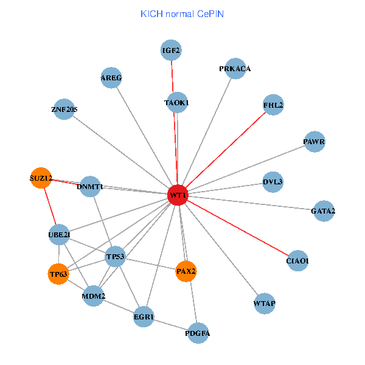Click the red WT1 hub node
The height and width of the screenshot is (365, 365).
[177, 195]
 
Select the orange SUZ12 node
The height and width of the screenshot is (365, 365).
[41, 178]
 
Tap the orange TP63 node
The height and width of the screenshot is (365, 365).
[58, 274]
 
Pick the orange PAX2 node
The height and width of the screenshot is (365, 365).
[186, 271]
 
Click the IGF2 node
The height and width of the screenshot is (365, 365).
[172, 50]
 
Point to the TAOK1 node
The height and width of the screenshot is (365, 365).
[176, 103]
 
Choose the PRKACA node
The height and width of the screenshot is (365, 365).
[235, 69]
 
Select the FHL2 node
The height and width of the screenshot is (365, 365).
[273, 105]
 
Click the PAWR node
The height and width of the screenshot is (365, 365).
[315, 142]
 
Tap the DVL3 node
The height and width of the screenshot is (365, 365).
[273, 182]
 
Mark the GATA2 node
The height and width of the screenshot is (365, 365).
[323, 211]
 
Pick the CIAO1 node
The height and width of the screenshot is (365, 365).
[297, 261]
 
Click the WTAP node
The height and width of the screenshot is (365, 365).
[265, 303]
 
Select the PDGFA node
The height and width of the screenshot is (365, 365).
[198, 333]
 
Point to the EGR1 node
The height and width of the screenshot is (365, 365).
[144, 317]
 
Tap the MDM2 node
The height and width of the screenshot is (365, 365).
[94, 296]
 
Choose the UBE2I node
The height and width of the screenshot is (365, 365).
[59, 234]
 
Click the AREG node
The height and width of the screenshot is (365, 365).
[111, 78]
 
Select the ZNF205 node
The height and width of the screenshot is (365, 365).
[64, 109]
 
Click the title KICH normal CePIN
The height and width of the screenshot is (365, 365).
[182, 13]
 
